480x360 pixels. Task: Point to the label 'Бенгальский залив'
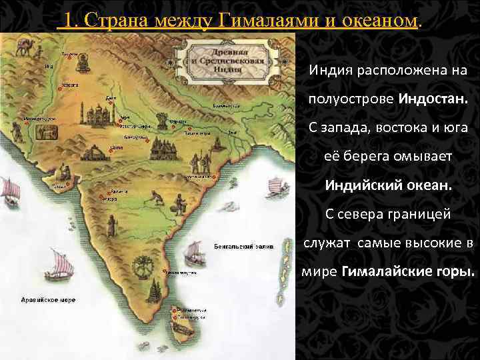point(236,246)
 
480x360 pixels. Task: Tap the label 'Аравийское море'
point(47,299)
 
